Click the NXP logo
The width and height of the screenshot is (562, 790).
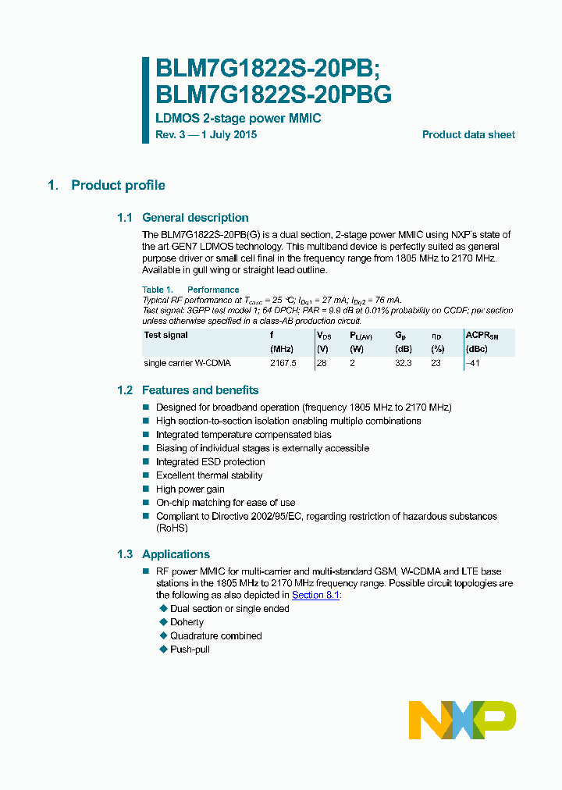tap(462, 719)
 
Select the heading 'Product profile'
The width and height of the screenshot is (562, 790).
tap(118, 185)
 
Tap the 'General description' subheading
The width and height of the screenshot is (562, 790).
tap(195, 218)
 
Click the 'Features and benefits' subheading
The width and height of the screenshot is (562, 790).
tap(200, 390)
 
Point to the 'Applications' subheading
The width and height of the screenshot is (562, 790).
tap(176, 554)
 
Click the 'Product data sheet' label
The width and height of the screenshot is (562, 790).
tap(468, 135)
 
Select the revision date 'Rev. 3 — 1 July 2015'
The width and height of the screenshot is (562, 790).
tap(206, 135)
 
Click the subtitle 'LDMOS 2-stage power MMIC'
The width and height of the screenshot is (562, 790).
tap(238, 119)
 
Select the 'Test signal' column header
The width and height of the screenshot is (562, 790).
tap(165, 335)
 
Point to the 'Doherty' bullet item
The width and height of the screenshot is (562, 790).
tap(187, 622)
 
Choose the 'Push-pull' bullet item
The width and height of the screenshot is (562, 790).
tap(190, 649)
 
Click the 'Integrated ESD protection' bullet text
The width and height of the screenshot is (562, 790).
tap(210, 462)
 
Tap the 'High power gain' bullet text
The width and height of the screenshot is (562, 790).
tap(190, 489)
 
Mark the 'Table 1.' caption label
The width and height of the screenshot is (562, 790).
tap(157, 290)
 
